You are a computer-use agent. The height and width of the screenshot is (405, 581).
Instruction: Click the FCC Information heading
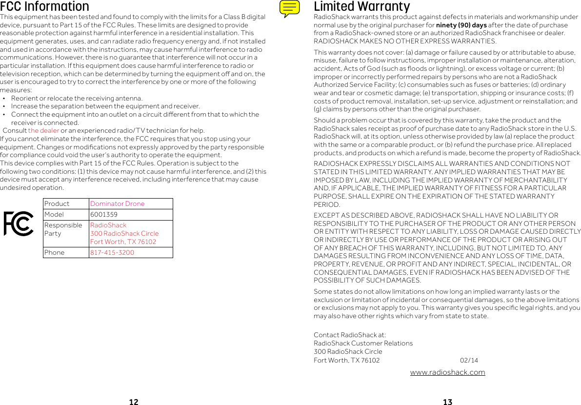pos(45,7)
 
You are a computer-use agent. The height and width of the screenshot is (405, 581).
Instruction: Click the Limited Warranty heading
pos(361,7)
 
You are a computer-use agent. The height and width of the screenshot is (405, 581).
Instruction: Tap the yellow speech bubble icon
pos(290,8)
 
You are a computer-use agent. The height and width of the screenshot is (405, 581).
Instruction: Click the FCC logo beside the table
pos(19,223)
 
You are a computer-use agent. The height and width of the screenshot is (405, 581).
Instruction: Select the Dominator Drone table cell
pos(117,203)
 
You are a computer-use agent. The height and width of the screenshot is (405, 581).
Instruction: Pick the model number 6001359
pos(103,215)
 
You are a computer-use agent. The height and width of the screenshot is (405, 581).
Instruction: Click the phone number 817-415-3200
pos(112,252)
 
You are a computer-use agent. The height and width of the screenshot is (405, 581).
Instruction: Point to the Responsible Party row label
pos(63,229)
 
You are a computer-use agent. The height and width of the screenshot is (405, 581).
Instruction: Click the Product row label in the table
pos(57,203)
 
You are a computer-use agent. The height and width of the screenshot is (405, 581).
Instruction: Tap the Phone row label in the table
pos(54,252)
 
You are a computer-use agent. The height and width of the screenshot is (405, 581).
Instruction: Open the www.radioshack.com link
pos(447,372)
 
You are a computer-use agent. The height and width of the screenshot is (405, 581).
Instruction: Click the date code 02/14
pos(469,361)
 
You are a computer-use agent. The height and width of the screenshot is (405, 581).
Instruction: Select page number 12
pos(133,402)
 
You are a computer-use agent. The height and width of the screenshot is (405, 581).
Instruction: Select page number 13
pos(447,402)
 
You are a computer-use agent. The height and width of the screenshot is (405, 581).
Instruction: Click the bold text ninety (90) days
pos(461,25)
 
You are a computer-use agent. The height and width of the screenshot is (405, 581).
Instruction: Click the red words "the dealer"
pos(43,131)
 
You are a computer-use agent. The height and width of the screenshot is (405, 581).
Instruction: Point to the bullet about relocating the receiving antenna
pos(77,98)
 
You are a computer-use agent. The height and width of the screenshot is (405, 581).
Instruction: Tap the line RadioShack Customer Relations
pos(363,343)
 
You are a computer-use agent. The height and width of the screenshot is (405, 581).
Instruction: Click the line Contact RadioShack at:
pos(350,335)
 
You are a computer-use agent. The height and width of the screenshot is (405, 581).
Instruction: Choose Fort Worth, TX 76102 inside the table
pos(123,242)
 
